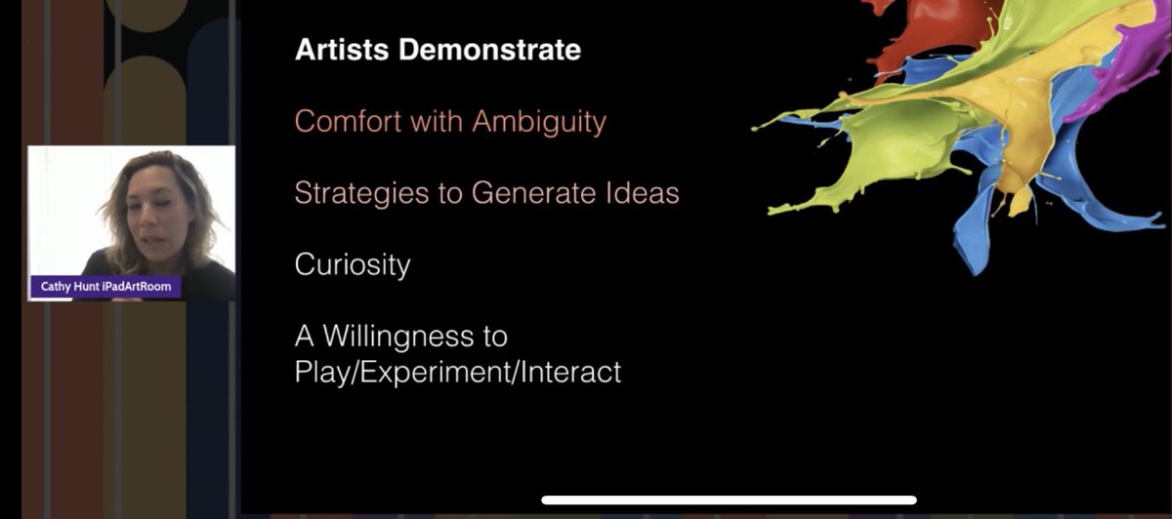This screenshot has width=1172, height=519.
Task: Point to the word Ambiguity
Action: point(539,122)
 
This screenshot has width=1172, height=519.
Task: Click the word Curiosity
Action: point(353,265)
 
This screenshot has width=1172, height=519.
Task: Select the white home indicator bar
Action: point(729,500)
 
